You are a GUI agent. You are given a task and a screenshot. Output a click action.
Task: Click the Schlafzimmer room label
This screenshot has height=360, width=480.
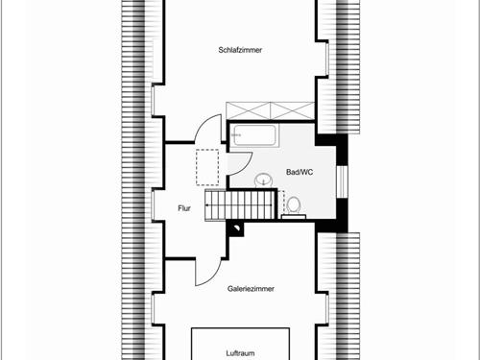tap(240, 49)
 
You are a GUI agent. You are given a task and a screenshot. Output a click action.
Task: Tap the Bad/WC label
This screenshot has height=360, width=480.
tap(300, 173)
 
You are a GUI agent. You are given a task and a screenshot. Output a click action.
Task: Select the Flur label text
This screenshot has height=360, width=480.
tap(185, 207)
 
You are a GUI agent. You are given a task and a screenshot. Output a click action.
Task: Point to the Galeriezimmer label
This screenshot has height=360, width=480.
tap(252, 288)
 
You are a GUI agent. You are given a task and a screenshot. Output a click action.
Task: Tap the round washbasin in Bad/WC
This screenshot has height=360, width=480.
tap(264, 180)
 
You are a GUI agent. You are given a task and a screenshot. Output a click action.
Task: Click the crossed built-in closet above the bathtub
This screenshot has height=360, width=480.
tap(271, 109)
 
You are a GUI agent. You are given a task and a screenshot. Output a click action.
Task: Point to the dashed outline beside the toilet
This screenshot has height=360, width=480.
tap(284, 199)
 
